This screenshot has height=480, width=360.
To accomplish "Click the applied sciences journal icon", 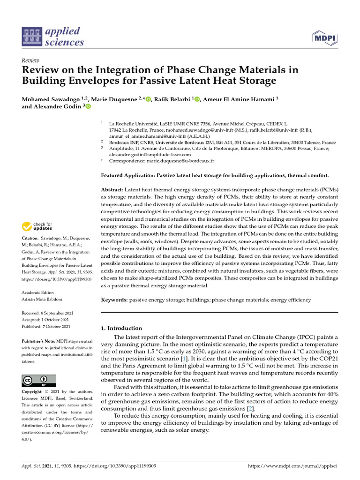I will coord(32,37).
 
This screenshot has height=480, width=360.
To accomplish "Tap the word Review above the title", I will coord(30,61).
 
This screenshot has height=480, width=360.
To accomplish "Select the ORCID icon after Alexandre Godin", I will coord(88,107).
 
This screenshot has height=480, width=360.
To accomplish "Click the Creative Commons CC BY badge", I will coord(39,380).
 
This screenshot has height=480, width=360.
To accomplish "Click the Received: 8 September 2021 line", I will coord(46,313).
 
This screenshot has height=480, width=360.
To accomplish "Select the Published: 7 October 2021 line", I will coord(46,326).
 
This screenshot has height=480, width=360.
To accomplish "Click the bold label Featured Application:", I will coord(132,175).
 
